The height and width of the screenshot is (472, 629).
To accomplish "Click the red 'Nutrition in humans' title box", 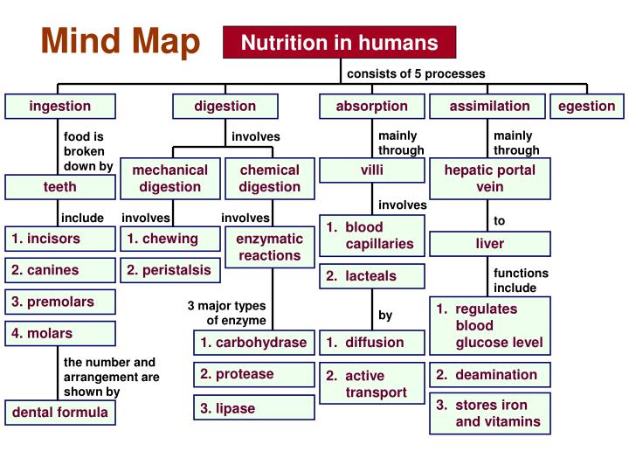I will pyautogui.click(x=340, y=42).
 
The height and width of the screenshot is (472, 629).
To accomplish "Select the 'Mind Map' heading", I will pyautogui.click(x=121, y=40).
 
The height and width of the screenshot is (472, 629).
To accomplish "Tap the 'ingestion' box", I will pyautogui.click(x=59, y=107).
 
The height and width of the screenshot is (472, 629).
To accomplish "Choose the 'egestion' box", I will pyautogui.click(x=587, y=107).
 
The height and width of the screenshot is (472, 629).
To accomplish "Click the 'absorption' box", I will pyautogui.click(x=371, y=107).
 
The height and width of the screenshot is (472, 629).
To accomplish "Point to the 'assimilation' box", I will pyautogui.click(x=489, y=107).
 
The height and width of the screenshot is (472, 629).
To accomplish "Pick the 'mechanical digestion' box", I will pyautogui.click(x=170, y=178).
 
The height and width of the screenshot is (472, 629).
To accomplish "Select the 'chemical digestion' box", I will pyautogui.click(x=269, y=178).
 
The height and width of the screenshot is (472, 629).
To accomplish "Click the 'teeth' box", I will pyautogui.click(x=59, y=187).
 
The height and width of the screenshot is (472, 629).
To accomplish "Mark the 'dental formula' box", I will pyautogui.click(x=60, y=413).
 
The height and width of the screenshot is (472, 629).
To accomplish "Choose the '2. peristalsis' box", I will pyautogui.click(x=170, y=270).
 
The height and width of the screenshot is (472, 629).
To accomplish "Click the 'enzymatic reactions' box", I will pyautogui.click(x=270, y=246).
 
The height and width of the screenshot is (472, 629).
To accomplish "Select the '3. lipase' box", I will pyautogui.click(x=253, y=408).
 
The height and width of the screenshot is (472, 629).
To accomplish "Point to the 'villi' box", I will pyautogui.click(x=372, y=170).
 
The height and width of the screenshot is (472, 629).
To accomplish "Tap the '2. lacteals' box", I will pyautogui.click(x=372, y=276).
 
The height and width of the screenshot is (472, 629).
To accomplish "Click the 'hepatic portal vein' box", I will pyautogui.click(x=489, y=178).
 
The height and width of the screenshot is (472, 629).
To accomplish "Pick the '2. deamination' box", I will pyautogui.click(x=489, y=375).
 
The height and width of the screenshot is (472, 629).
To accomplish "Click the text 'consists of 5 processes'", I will pyautogui.click(x=416, y=74).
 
